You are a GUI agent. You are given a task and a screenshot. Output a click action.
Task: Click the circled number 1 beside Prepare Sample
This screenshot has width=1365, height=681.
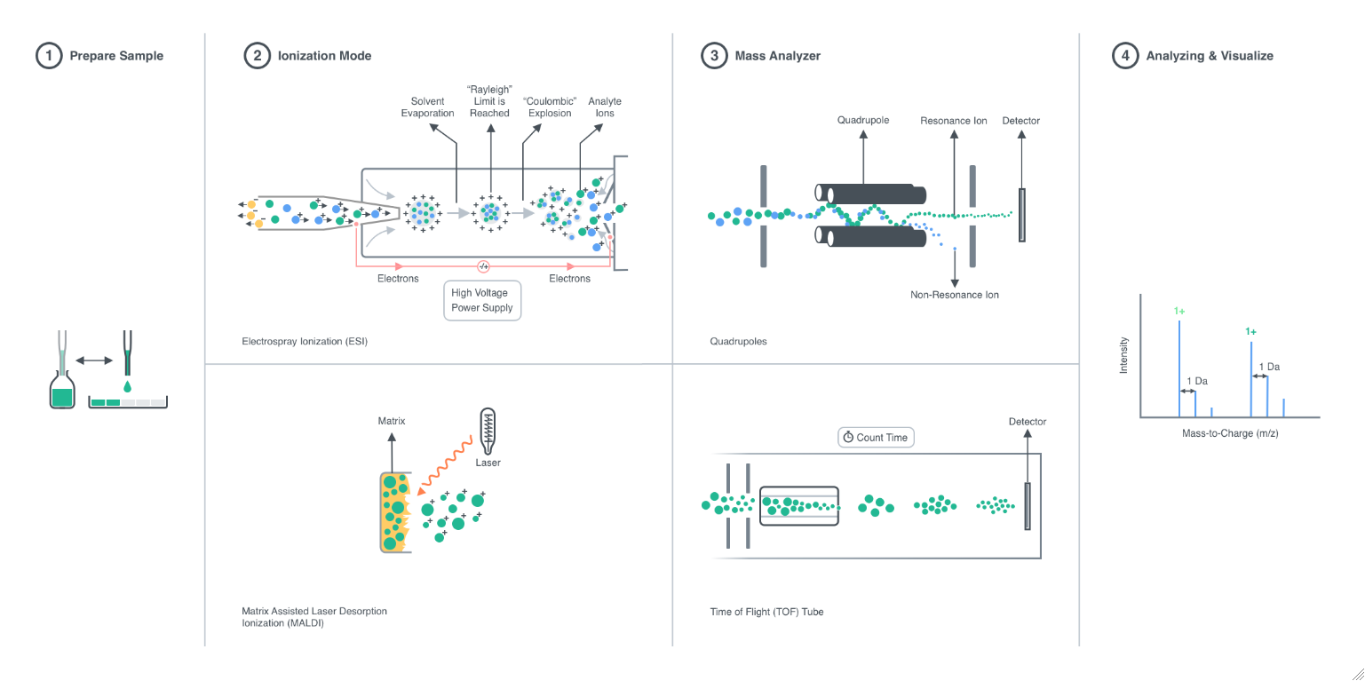click(49, 55)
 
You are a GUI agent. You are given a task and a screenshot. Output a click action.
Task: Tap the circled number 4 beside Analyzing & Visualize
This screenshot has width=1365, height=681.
click(1125, 55)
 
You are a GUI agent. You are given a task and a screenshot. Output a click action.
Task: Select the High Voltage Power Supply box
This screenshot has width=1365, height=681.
click(482, 300)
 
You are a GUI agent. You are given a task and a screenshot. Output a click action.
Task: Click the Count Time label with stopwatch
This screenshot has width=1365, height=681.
click(876, 438)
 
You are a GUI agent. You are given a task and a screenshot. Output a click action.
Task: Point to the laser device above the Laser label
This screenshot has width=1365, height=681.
click(488, 431)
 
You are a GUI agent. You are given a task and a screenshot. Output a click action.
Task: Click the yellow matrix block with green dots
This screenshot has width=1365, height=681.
click(395, 512)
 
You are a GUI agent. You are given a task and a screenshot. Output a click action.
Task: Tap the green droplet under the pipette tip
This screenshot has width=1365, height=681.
click(127, 386)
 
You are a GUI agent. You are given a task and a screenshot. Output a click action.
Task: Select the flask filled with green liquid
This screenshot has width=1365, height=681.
click(62, 390)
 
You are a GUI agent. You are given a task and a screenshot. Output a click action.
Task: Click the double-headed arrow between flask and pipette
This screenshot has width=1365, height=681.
click(94, 360)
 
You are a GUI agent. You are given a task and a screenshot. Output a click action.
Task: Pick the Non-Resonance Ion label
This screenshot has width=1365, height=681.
click(955, 295)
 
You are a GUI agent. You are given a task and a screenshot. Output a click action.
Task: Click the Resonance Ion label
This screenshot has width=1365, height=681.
click(953, 121)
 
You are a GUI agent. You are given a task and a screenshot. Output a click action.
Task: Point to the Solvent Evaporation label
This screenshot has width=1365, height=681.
click(427, 107)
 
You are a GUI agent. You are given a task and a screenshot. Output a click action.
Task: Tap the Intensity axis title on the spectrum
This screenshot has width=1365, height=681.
click(1123, 355)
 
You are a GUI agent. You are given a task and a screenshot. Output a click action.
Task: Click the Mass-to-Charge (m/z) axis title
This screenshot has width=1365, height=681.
click(1230, 433)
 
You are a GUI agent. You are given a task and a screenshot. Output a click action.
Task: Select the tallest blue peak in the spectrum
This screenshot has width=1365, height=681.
click(1179, 368)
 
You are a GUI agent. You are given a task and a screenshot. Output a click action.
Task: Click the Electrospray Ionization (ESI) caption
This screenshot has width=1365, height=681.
click(305, 341)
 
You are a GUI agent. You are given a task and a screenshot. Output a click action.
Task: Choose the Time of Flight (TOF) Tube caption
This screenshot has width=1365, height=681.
click(766, 612)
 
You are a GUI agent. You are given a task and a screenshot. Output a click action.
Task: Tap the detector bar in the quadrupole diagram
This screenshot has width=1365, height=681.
click(1022, 215)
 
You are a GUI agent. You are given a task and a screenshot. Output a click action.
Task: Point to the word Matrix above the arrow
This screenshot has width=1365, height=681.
click(392, 421)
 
